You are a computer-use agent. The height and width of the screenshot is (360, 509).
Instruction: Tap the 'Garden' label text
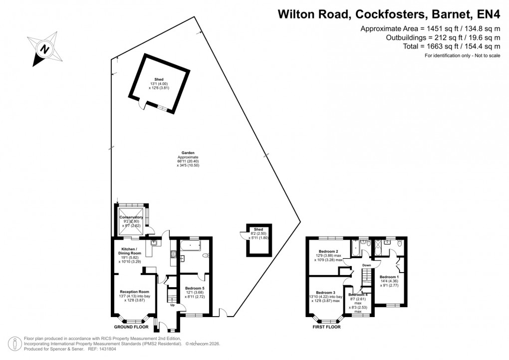(x=188, y=153)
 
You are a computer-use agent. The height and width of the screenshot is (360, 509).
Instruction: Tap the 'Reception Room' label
(x=134, y=292)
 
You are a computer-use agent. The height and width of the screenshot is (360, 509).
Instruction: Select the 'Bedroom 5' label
(x=195, y=289)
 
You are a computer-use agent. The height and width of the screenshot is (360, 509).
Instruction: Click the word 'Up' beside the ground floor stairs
(x=173, y=305)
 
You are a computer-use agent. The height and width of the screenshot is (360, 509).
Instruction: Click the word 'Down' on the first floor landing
(x=367, y=265)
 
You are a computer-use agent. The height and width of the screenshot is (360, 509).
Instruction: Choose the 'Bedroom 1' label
(x=389, y=277)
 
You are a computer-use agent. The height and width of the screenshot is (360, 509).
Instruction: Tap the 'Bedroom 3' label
(x=325, y=293)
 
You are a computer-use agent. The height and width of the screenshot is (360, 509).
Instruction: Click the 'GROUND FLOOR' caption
(x=131, y=327)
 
